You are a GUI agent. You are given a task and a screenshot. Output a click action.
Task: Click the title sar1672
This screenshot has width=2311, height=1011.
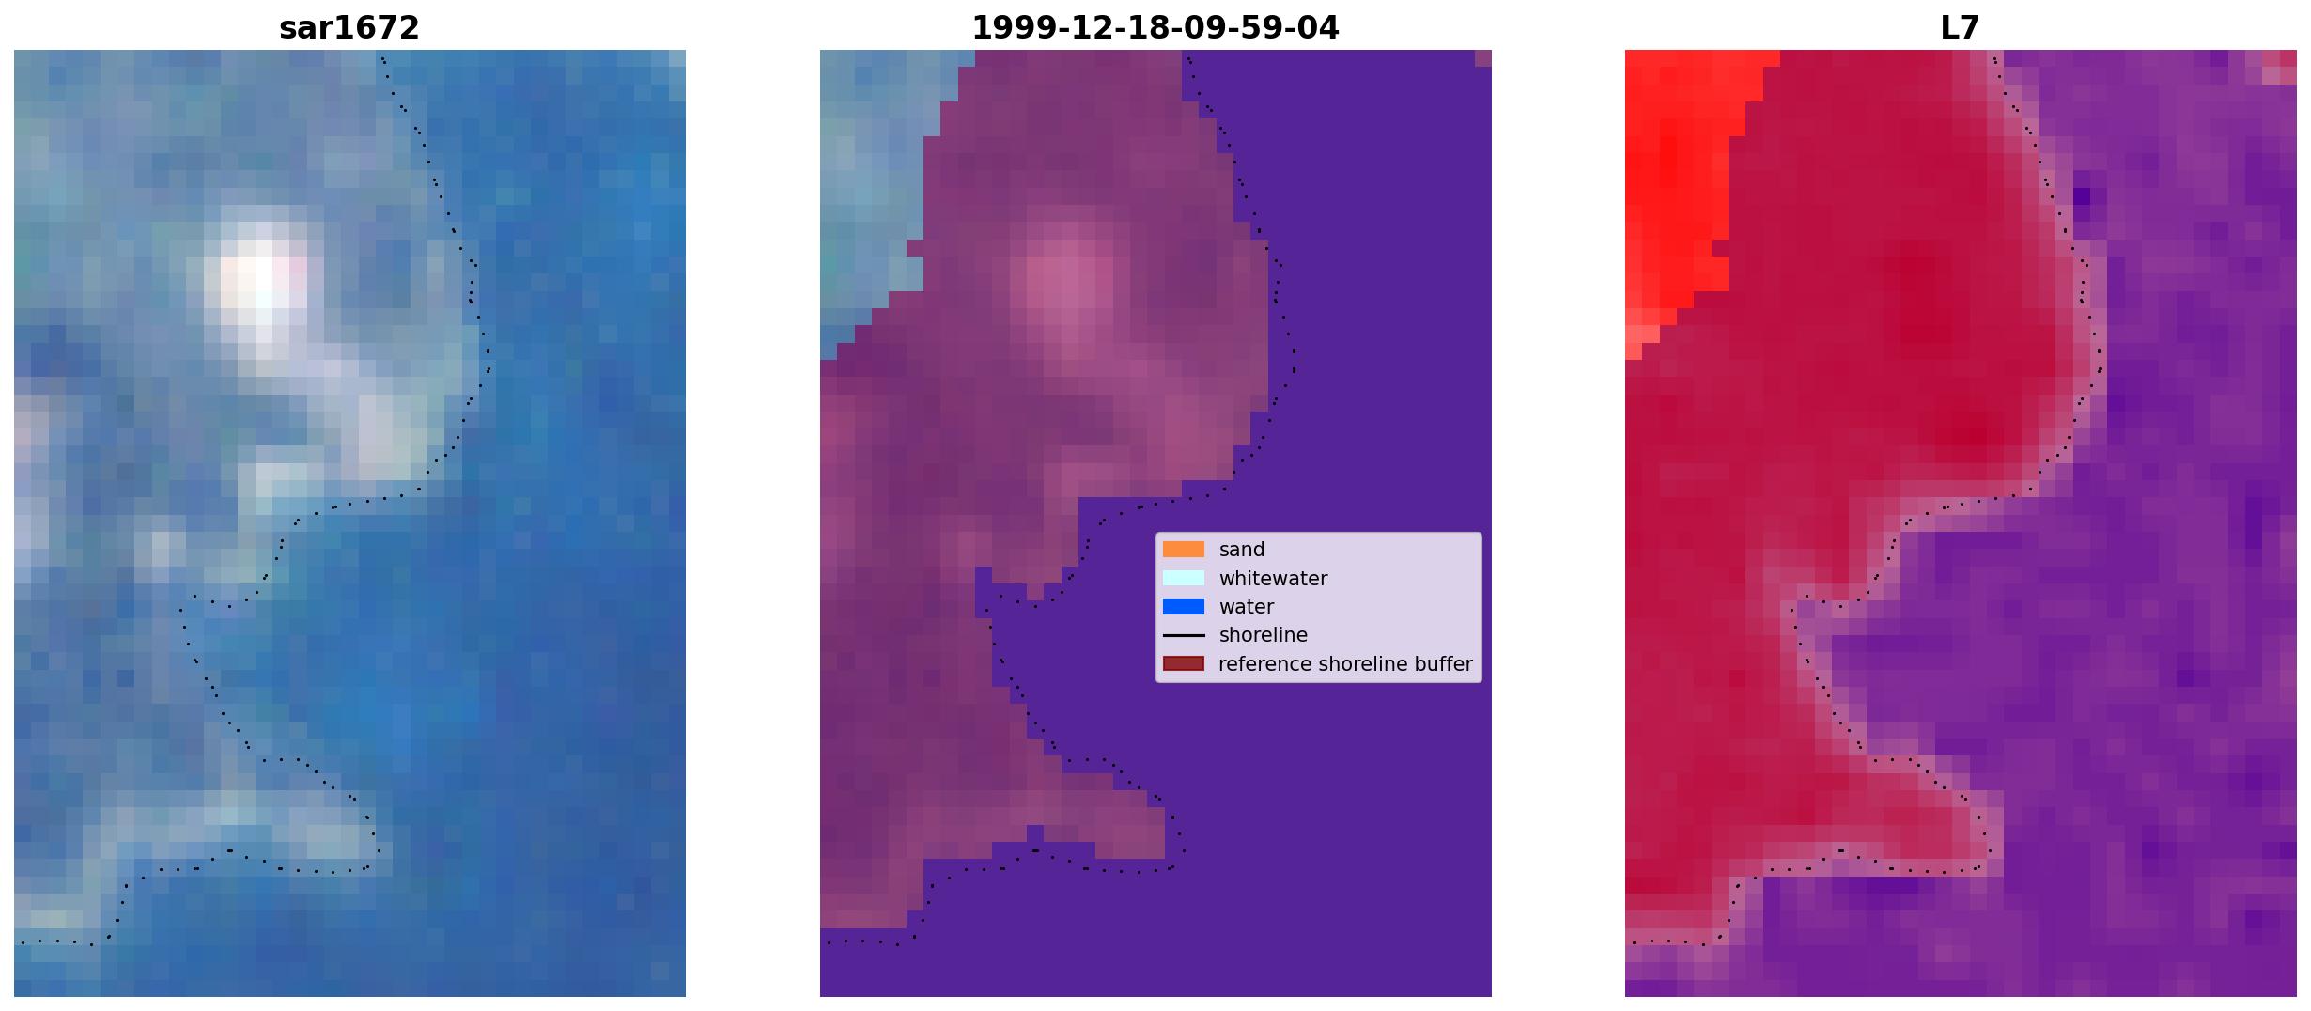coord(349,28)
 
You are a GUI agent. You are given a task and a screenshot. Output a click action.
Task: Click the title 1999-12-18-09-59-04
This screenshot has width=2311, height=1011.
coord(1155,28)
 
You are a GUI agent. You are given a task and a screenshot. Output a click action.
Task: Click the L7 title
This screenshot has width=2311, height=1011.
coord(1961,28)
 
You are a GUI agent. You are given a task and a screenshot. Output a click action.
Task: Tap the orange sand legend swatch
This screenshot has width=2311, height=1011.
coord(1184,550)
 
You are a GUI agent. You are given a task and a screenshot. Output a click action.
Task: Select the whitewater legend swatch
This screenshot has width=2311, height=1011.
coord(1184,578)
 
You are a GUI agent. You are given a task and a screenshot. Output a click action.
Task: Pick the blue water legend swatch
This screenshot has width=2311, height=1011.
coord(1184,607)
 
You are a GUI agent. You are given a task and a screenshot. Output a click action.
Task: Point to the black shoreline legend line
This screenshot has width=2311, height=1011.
coord(1184,635)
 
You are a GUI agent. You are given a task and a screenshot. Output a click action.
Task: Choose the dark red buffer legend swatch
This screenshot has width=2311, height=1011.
coord(1184,664)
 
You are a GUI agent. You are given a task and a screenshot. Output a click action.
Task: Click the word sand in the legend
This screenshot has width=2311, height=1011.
coord(1242,550)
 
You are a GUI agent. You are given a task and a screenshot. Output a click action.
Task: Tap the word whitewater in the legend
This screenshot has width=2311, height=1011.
coord(1273,579)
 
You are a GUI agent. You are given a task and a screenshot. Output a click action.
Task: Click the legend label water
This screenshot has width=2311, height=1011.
coord(1247,607)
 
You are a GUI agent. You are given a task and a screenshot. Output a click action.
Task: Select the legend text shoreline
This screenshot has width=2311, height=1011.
coord(1264,635)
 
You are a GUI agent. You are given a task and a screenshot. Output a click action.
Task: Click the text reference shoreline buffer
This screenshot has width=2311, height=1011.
coord(1345,664)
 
